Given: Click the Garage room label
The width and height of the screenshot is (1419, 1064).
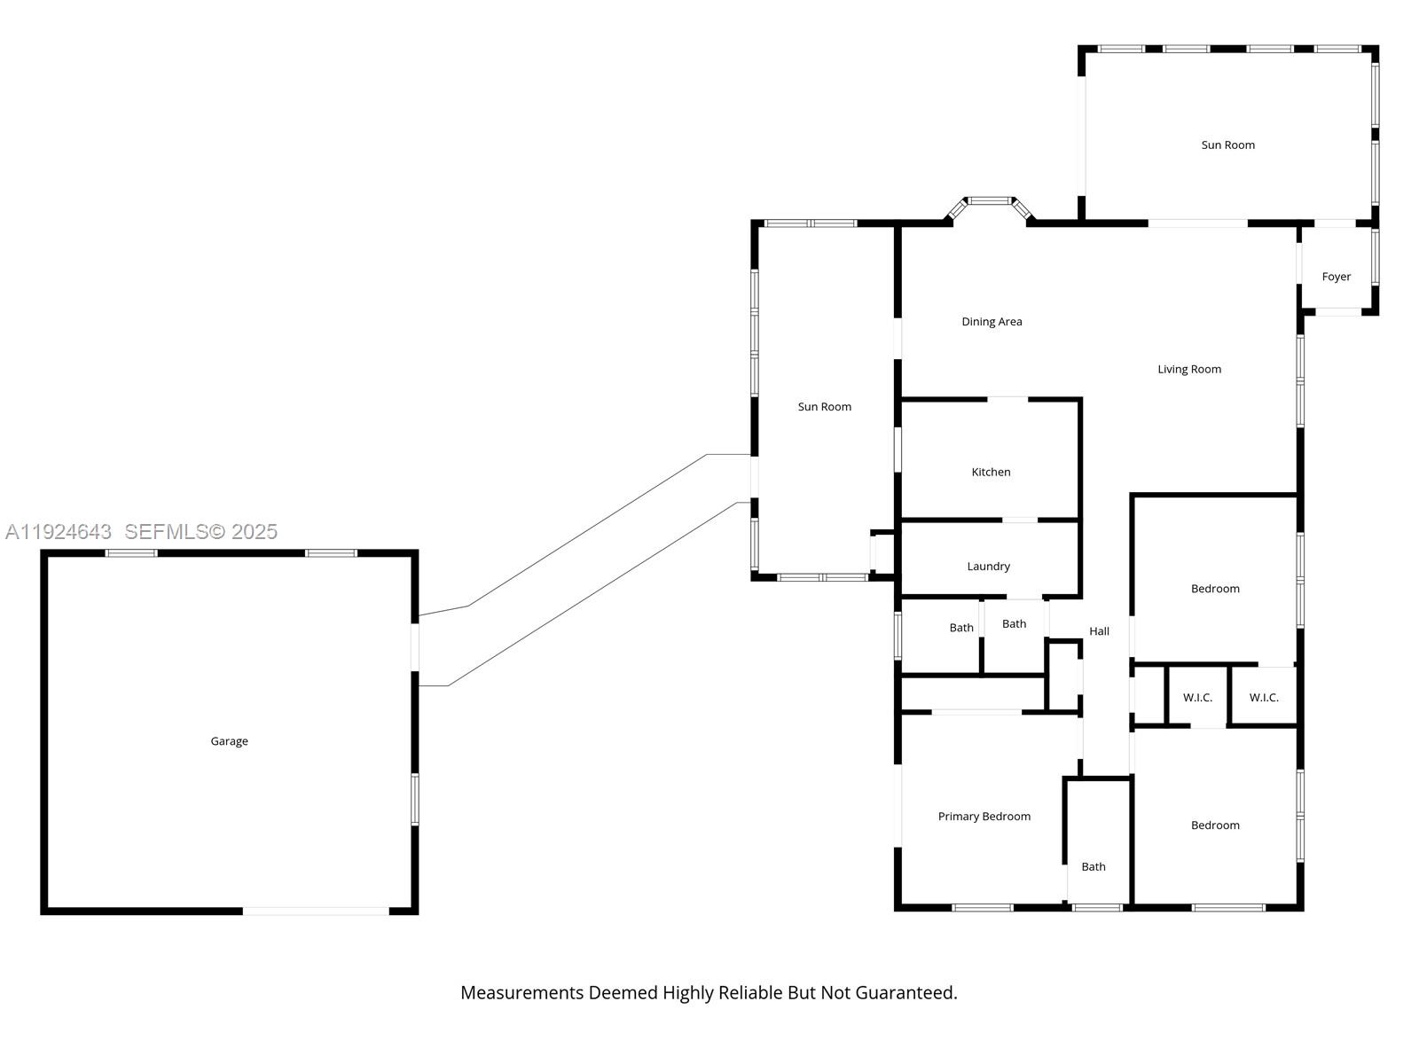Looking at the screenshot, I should coord(229,741).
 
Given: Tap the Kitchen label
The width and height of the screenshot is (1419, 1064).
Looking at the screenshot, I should coord(991,473).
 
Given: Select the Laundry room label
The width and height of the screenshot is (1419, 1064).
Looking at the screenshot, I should coord(988,567).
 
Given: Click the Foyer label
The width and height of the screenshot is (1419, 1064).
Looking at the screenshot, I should coord(1336,277).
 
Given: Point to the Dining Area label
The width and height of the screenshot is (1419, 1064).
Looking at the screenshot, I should coord(992,322).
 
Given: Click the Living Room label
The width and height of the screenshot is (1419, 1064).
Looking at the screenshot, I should coord(1188,370).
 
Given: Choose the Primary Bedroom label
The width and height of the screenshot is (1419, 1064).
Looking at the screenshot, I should coord(984,817).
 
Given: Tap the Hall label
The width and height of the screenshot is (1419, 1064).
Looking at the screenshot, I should coord(1099,631).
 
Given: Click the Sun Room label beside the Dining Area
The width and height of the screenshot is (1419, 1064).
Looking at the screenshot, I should coord(824,407).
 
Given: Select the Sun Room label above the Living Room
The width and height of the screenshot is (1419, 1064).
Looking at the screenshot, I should coord(1227,145).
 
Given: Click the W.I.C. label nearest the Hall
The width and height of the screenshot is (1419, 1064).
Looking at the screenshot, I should coord(1197,698).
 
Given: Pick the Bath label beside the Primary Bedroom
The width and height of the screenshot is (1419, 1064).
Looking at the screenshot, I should coord(1093,867).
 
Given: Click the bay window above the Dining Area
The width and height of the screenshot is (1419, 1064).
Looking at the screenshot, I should coord(989,201).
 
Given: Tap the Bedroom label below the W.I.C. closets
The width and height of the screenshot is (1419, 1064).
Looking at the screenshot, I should coord(1214,825).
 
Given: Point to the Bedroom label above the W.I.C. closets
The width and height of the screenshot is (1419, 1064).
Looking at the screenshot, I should coord(1214,589).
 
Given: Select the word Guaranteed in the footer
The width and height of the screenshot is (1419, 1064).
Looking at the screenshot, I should coord(905,993).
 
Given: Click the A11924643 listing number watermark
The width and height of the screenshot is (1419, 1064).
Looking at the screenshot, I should coord(59,532).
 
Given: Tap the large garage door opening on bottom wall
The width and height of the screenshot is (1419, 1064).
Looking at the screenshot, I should coord(316,911).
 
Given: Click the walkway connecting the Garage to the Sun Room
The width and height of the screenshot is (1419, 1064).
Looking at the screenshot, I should coord(585,568).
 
